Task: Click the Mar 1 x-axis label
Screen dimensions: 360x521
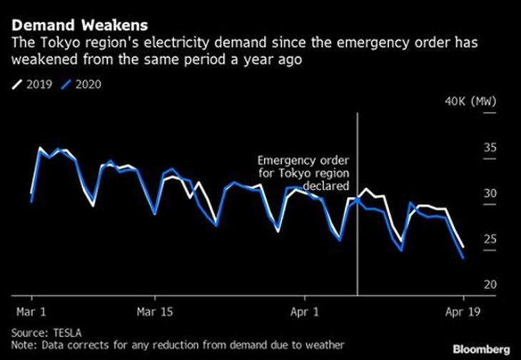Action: pos(31,311)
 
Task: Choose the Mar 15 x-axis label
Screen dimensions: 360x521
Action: pos(154,311)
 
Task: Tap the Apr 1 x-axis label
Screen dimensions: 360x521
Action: pos(305,311)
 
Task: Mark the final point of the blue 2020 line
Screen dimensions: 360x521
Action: pos(463,258)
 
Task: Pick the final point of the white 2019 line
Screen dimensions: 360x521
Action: pos(463,246)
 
